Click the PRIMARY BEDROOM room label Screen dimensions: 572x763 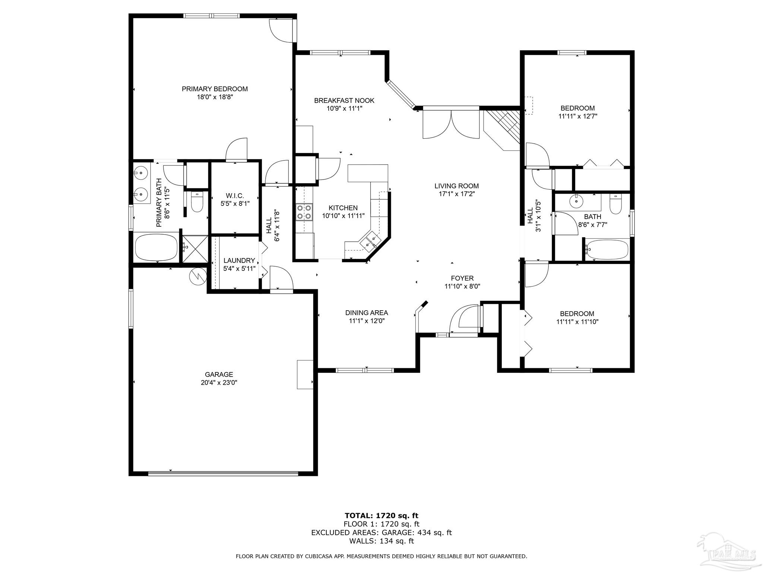pos(215,89)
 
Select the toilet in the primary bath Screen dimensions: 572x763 pos(196,202)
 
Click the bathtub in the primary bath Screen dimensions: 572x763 pos(156,248)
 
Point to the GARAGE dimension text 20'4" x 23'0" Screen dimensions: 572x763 pos(219,382)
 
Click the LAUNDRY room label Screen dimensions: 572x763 pos(239,261)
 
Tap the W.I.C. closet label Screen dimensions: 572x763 pos(235,196)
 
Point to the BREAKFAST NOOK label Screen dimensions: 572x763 pos(344,101)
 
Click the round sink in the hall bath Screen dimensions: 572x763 pos(576,201)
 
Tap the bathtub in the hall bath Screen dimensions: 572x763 pos(607,249)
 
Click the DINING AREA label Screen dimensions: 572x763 pos(366,313)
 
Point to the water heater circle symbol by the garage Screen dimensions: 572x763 pos(198,276)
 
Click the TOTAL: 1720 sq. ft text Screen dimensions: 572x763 pos(381,515)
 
